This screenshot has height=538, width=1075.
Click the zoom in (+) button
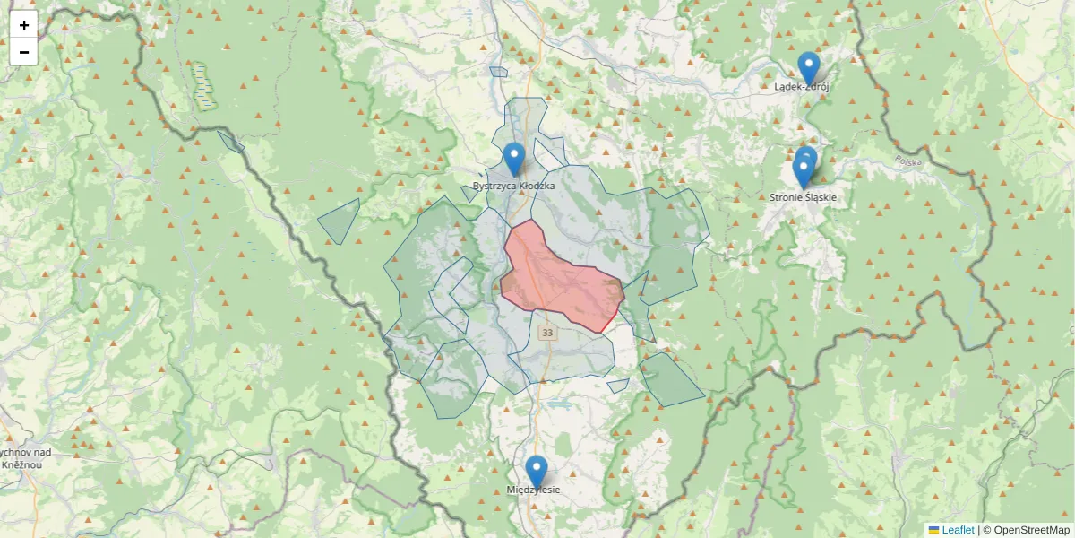tap(24, 25)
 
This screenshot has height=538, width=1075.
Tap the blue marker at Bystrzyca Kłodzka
tap(513, 159)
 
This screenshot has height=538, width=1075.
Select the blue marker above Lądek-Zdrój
tap(809, 68)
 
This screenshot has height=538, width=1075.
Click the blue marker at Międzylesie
tap(536, 472)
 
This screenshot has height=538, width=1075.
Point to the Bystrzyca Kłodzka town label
tap(513, 186)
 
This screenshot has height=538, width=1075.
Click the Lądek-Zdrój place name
tap(802, 87)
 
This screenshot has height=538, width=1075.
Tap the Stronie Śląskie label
tap(803, 196)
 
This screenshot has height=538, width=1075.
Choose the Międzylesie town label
tap(533, 490)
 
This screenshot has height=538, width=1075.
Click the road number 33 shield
tap(547, 333)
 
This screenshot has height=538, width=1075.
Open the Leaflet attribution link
tap(958, 530)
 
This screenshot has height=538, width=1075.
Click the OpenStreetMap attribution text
tap(1031, 530)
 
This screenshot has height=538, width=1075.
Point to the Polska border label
tap(908, 162)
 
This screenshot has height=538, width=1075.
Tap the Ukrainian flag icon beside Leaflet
tap(933, 530)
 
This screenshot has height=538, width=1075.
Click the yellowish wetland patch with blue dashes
tap(204, 85)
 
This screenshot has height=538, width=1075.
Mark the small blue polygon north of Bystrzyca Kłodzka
tap(498, 72)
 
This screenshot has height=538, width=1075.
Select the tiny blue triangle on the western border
tap(231, 141)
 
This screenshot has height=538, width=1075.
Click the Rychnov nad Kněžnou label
tap(18, 458)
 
